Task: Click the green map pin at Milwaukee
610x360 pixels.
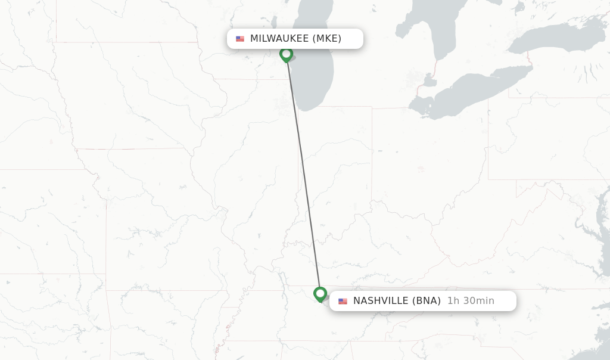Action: (x=286, y=54)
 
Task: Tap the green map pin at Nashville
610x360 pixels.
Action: (x=320, y=294)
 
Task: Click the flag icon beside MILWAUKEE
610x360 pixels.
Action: (x=240, y=39)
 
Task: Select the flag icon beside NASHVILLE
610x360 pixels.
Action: (x=343, y=301)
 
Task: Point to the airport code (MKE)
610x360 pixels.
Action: (x=327, y=39)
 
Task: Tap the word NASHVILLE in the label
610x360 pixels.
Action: (x=381, y=301)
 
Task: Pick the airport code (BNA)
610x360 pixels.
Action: (x=427, y=301)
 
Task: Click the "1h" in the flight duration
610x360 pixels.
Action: (x=453, y=301)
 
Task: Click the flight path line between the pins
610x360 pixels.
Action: (x=303, y=173)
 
